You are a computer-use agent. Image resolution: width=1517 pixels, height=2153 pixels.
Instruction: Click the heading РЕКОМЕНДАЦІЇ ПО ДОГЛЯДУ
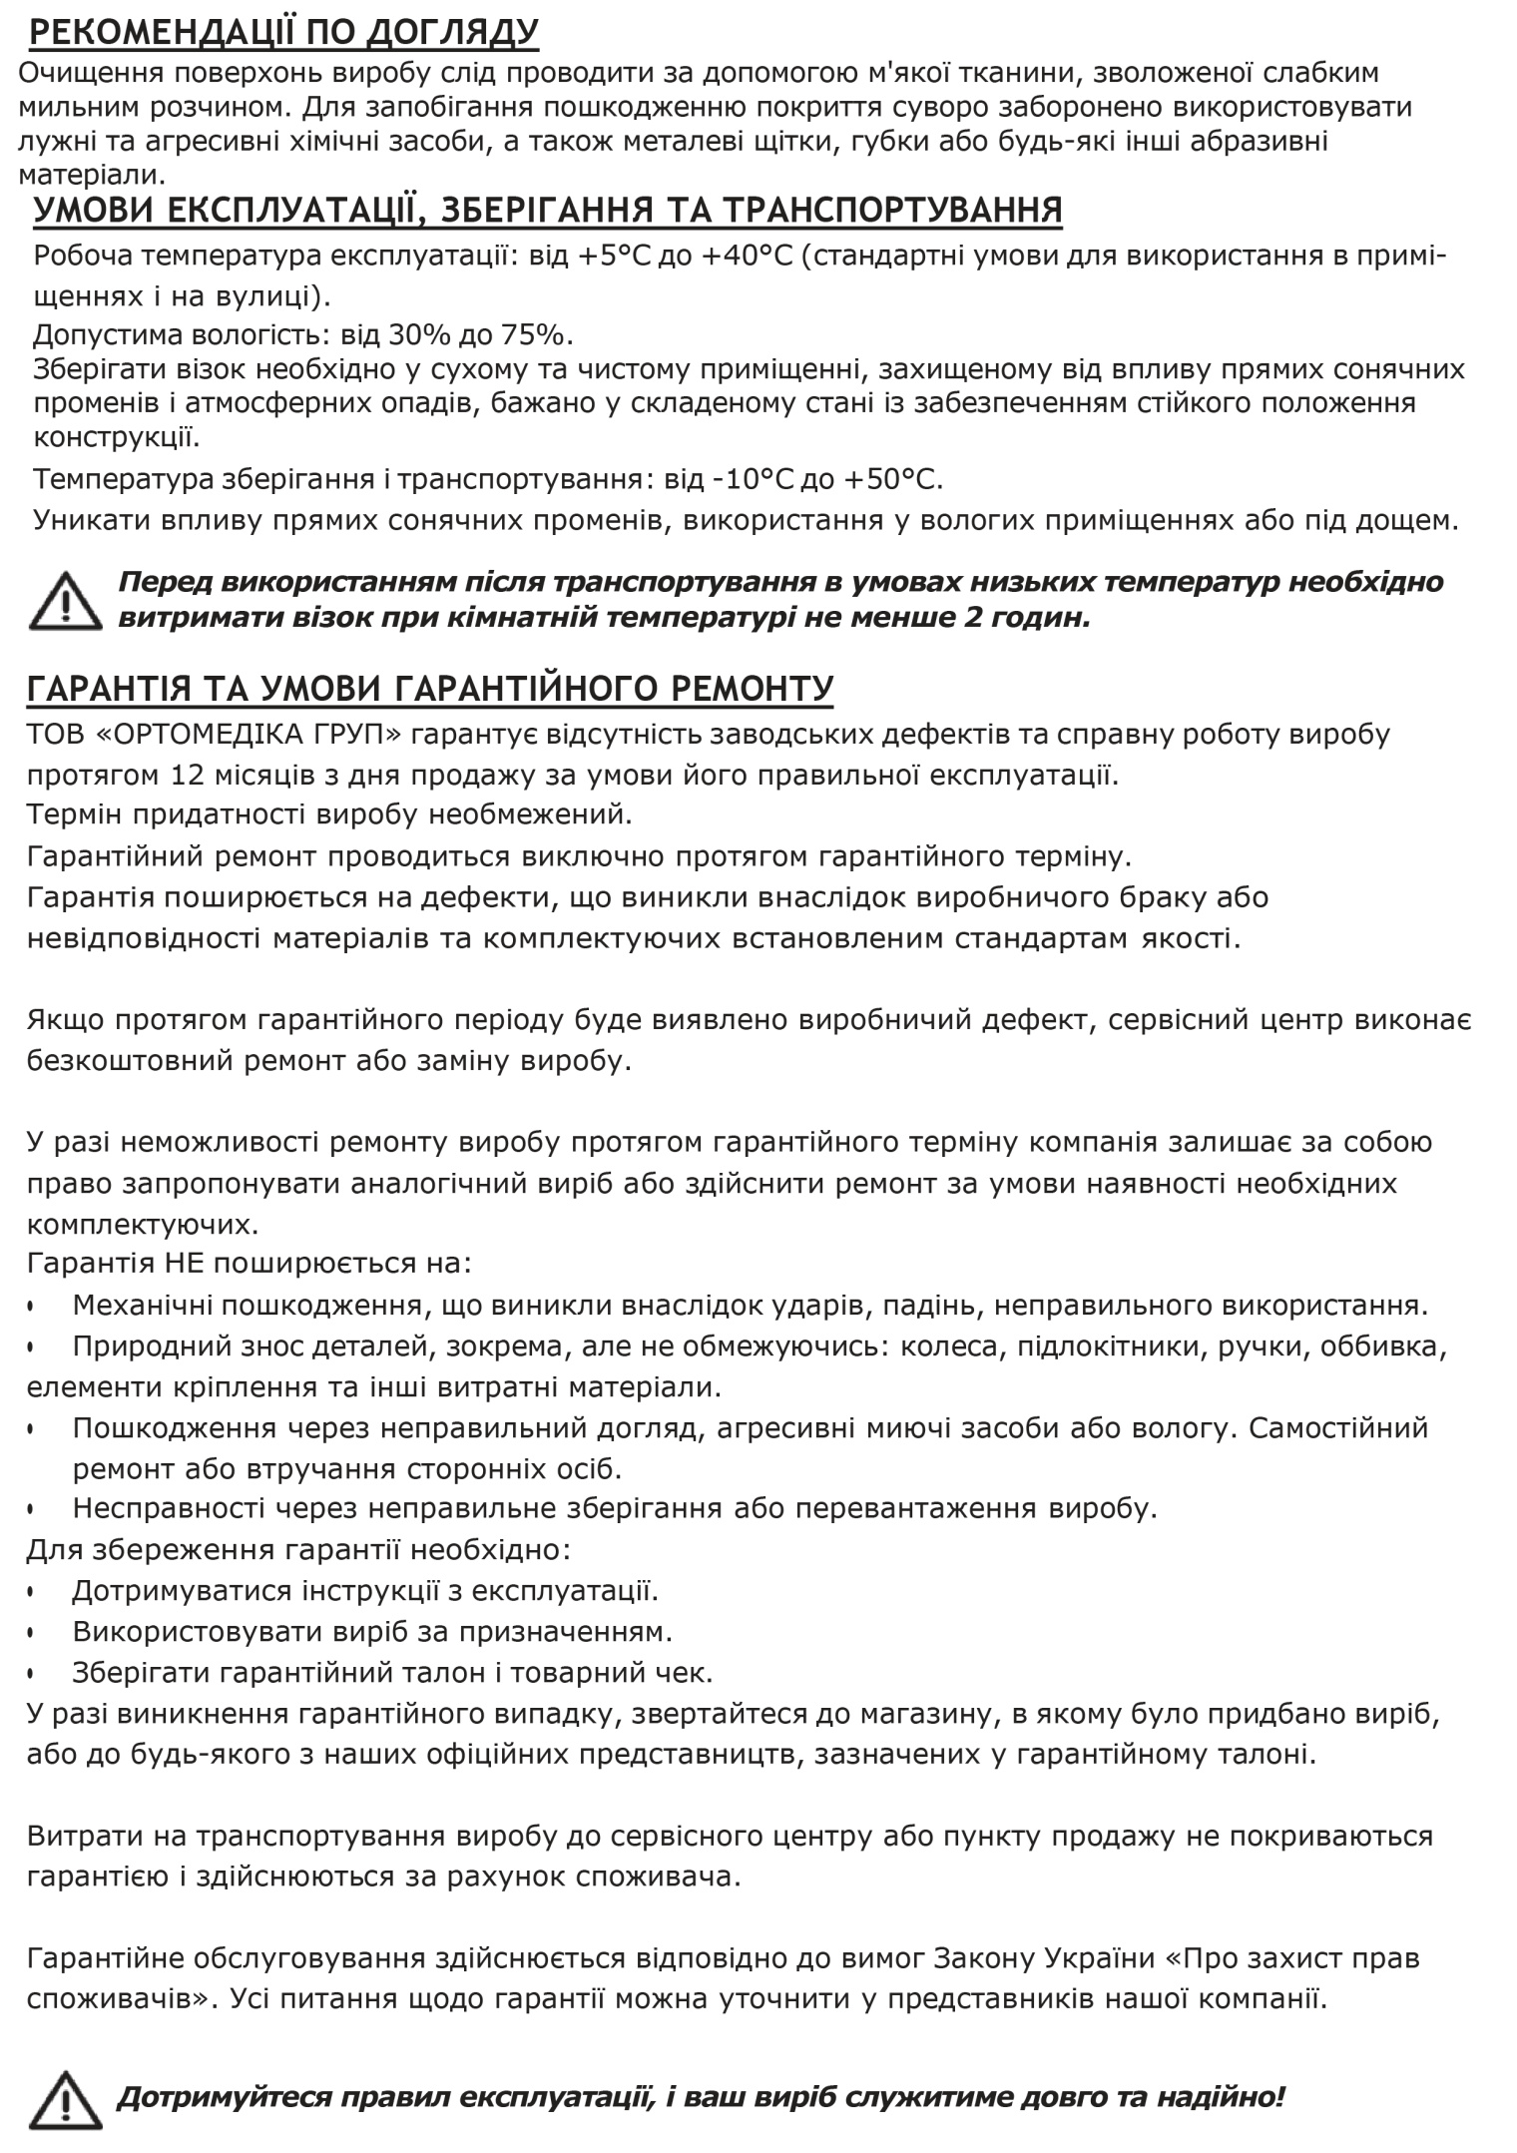(283, 32)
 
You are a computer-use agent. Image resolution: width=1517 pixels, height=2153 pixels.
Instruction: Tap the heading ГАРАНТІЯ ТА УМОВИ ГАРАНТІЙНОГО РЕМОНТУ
(430, 689)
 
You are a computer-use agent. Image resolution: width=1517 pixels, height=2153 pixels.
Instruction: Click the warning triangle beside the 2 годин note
(65, 601)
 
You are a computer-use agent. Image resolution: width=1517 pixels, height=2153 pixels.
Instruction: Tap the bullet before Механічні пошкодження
(32, 1306)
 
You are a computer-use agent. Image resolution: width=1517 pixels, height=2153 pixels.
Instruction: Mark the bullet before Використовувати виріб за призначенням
(32, 1633)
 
